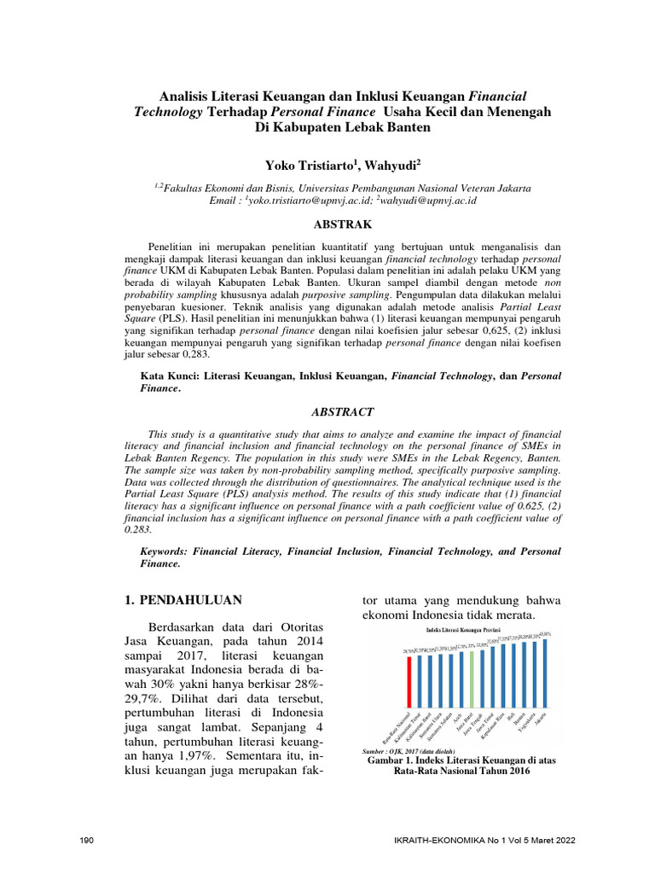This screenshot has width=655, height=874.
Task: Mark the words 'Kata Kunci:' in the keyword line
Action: pos(170,376)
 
